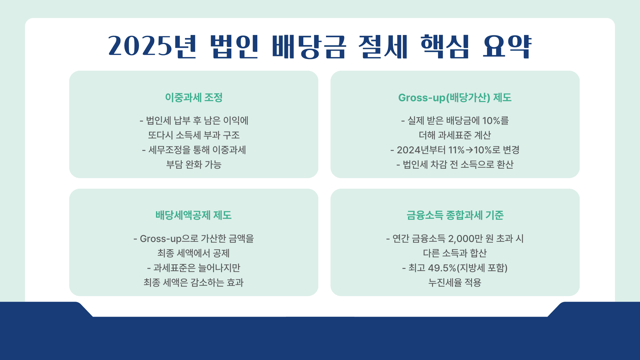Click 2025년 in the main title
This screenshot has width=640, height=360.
click(152, 46)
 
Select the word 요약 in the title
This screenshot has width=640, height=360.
click(507, 46)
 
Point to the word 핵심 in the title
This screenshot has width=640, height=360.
click(445, 46)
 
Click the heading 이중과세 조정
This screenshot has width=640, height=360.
click(194, 97)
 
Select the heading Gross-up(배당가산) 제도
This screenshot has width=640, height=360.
click(455, 97)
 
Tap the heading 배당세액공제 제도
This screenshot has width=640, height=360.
click(194, 215)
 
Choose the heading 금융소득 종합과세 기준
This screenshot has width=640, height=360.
click(455, 215)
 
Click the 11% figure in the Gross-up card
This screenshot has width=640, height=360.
click(456, 150)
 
